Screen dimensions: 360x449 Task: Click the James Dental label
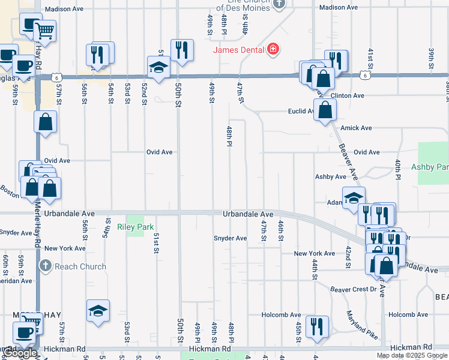(240, 49)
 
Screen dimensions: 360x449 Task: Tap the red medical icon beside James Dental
(273, 49)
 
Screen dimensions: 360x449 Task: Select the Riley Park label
(136, 227)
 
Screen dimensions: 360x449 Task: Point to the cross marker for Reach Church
(45, 266)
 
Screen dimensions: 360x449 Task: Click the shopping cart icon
(44, 29)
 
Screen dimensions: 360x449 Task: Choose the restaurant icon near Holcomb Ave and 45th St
(316, 326)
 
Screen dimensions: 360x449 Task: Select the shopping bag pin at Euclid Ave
(325, 110)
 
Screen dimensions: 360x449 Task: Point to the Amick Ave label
(356, 128)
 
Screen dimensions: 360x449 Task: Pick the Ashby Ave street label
(331, 177)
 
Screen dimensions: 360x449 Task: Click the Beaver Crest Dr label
(357, 289)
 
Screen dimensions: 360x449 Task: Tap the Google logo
(20, 353)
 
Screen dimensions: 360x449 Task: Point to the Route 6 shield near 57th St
(56, 76)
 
